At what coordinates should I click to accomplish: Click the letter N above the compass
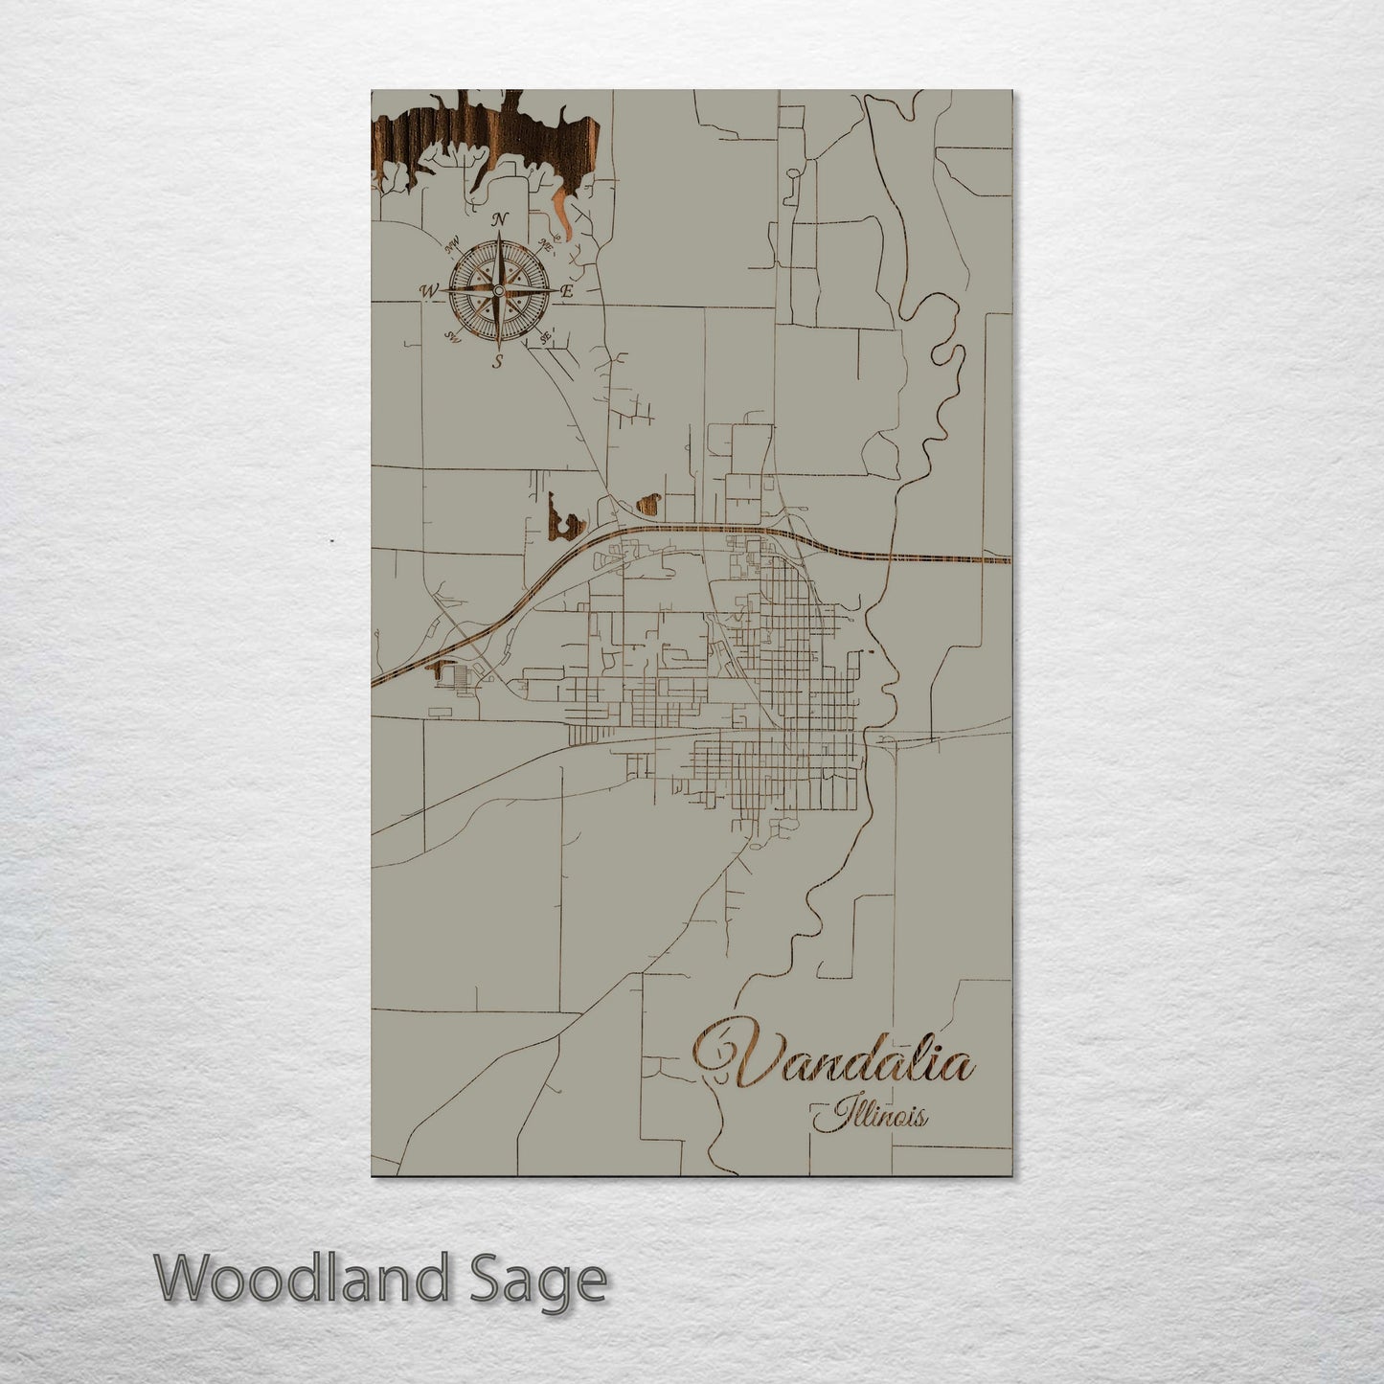(x=499, y=220)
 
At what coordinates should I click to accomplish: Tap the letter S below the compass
(x=497, y=361)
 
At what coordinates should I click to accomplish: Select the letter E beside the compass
(x=566, y=291)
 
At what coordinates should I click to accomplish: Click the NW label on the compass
(x=452, y=243)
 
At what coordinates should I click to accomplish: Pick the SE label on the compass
(x=544, y=337)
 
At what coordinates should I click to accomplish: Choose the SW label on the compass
(x=451, y=337)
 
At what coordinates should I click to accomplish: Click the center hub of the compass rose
(x=498, y=290)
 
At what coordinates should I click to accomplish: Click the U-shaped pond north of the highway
(x=566, y=520)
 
